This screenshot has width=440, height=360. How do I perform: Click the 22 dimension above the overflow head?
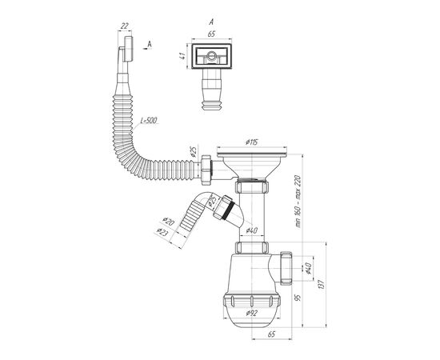124,26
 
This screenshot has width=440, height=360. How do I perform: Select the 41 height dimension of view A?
182,55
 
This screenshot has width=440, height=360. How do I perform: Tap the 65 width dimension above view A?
211,34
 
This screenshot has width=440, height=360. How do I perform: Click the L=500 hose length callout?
149,121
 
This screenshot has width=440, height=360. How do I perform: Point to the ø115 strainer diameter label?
251,142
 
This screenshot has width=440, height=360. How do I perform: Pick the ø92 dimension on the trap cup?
251,314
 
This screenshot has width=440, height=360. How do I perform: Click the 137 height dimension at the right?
322,285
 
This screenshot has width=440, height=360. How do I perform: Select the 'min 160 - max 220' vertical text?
298,201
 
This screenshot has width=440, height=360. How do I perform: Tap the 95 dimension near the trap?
298,298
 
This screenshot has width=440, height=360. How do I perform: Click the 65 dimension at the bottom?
271,334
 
